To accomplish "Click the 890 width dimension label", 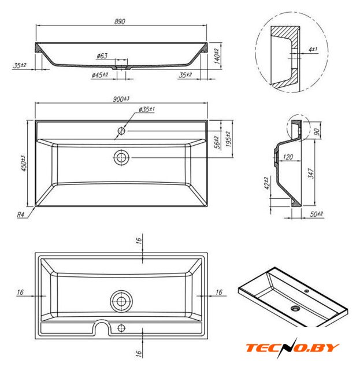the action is click(x=120, y=21).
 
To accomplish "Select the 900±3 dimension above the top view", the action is click(x=121, y=99).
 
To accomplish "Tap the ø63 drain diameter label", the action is click(x=102, y=56).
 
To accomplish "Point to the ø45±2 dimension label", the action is click(x=100, y=75).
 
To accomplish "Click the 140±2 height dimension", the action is click(x=217, y=56).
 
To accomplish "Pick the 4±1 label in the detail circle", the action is click(x=313, y=49).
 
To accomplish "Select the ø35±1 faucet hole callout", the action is click(x=147, y=109).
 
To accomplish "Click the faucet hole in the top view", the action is click(x=121, y=131).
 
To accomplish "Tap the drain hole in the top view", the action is click(x=121, y=157).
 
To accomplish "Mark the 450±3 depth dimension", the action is click(x=24, y=163).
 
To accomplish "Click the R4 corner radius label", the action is click(x=21, y=214).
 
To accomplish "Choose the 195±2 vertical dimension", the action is click(x=228, y=139).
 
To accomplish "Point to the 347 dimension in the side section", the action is click(x=311, y=173).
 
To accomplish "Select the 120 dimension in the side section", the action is click(x=288, y=157).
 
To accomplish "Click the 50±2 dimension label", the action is click(x=316, y=214).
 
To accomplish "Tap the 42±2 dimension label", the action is click(x=267, y=183).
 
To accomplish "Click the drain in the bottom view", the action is click(x=121, y=301).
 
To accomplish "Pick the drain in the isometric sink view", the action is click(x=295, y=308).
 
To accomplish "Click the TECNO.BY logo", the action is click(x=292, y=348).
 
